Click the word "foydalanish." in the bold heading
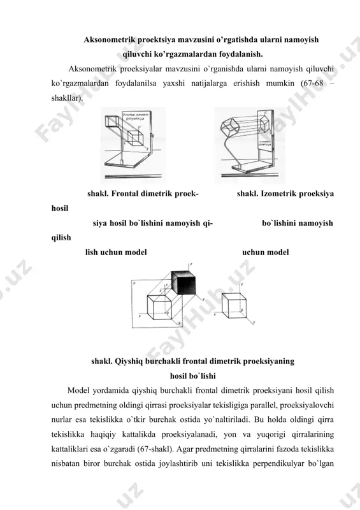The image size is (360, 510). click(240, 54)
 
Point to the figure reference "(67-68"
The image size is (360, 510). click(312, 84)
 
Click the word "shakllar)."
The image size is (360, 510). click(67, 98)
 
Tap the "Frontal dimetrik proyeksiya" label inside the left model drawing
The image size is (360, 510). click(135, 117)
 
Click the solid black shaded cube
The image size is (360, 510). click(184, 282)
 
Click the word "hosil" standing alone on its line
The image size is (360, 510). click(60, 208)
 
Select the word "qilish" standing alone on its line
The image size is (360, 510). click(61, 238)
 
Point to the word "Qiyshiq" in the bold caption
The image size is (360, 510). click(128, 361)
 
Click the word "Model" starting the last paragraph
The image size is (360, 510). click(78, 391)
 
